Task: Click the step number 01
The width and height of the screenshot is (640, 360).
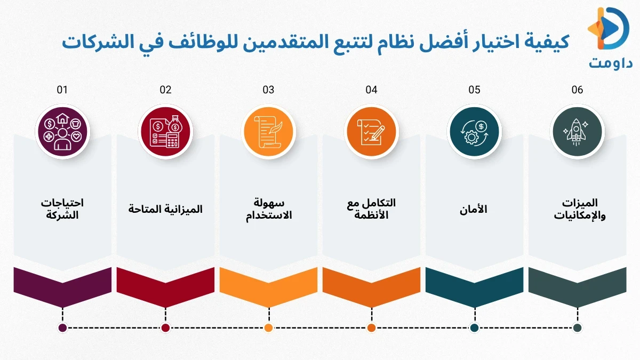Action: [62, 90]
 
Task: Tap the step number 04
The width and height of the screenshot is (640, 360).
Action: [371, 90]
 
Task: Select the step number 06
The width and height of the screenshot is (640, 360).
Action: [577, 90]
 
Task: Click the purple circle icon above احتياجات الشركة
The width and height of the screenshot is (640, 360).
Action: [62, 132]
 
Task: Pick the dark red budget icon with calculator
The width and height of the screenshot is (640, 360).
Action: [165, 132]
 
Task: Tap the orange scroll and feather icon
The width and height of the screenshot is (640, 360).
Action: [268, 132]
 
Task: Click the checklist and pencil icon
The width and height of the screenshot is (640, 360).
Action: [371, 132]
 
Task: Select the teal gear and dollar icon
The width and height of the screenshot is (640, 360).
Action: [474, 132]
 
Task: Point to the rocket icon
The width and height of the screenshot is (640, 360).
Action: [577, 132]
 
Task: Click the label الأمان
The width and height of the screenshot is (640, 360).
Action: [474, 210]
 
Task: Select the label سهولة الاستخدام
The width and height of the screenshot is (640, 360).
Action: [268, 209]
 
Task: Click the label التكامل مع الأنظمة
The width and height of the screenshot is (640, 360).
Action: [371, 209]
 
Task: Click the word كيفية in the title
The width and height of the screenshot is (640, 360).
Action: [547, 41]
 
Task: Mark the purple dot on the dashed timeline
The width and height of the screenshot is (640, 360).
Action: [62, 328]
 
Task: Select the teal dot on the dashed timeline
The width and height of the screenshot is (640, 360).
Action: [474, 328]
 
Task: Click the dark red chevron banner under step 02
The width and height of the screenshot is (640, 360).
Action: [165, 284]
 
